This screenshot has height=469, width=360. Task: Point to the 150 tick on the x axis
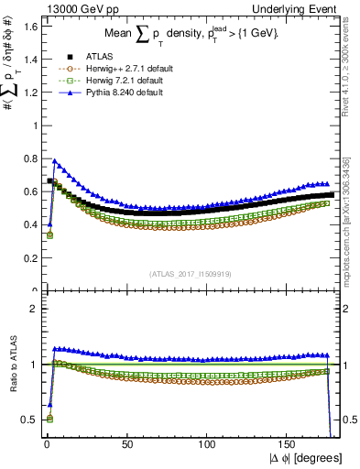[x=290, y=445]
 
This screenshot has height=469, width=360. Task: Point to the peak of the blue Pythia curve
[x=54, y=161]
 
